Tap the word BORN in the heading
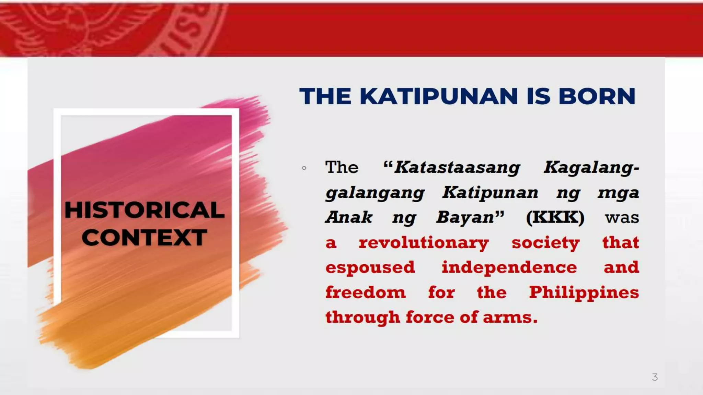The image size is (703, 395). (597, 96)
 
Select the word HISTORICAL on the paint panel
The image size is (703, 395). (145, 210)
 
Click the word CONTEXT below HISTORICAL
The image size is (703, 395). (145, 237)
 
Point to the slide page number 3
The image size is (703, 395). (655, 377)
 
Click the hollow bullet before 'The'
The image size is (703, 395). (304, 168)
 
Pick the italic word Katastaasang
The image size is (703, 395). (457, 168)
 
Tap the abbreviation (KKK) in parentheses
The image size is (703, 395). (555, 217)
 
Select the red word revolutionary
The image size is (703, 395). (424, 243)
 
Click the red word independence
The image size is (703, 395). (509, 267)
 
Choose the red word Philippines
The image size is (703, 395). (584, 292)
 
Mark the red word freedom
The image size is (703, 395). (366, 292)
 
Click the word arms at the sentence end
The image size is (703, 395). (510, 318)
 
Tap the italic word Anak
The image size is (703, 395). (349, 217)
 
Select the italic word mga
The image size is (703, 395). (618, 193)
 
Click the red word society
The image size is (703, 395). (545, 243)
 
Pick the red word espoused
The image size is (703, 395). (370, 267)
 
